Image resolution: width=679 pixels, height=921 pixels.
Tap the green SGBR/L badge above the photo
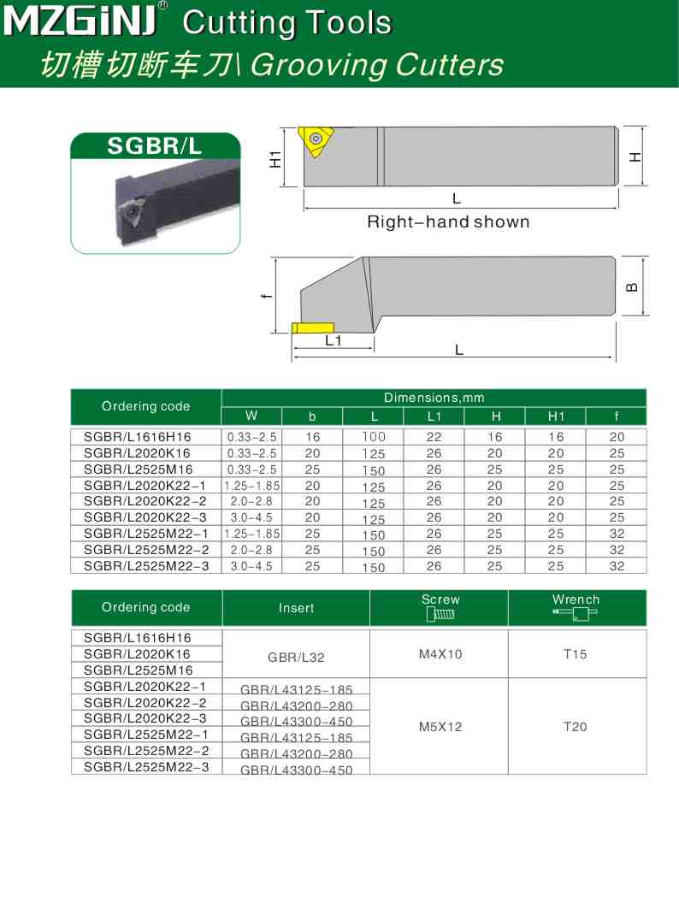coord(154,146)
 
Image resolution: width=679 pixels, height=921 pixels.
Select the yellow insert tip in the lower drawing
coord(312,328)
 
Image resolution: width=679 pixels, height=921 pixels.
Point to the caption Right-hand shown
coord(448,222)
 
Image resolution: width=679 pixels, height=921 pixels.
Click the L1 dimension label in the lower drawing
coord(333,340)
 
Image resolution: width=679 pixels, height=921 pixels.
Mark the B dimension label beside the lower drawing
coord(631,287)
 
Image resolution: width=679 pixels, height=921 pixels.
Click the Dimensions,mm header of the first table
coord(434,398)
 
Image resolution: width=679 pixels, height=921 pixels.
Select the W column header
coord(251,416)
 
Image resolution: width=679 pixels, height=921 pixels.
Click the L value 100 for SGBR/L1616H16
coord(373,436)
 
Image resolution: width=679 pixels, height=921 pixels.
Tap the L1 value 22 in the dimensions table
coord(434,436)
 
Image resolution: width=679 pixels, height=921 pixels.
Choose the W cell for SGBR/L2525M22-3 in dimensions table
coord(251,566)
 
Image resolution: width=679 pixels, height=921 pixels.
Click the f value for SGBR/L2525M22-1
coord(617,534)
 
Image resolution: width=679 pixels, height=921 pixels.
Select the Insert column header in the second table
coord(296,608)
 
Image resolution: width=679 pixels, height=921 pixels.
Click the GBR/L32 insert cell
coord(296,658)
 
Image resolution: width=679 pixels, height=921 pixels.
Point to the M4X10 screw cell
coord(440,654)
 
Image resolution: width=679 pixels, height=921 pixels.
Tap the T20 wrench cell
coord(576,727)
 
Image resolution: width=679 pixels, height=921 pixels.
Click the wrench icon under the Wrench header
coord(575,613)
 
